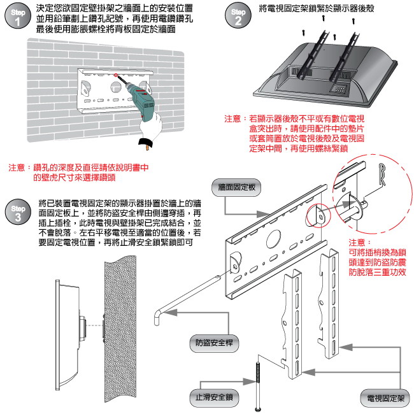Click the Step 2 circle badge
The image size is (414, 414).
click(x=238, y=17)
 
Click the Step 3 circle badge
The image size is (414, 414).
click(x=18, y=212)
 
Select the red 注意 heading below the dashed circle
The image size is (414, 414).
click(x=358, y=243)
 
